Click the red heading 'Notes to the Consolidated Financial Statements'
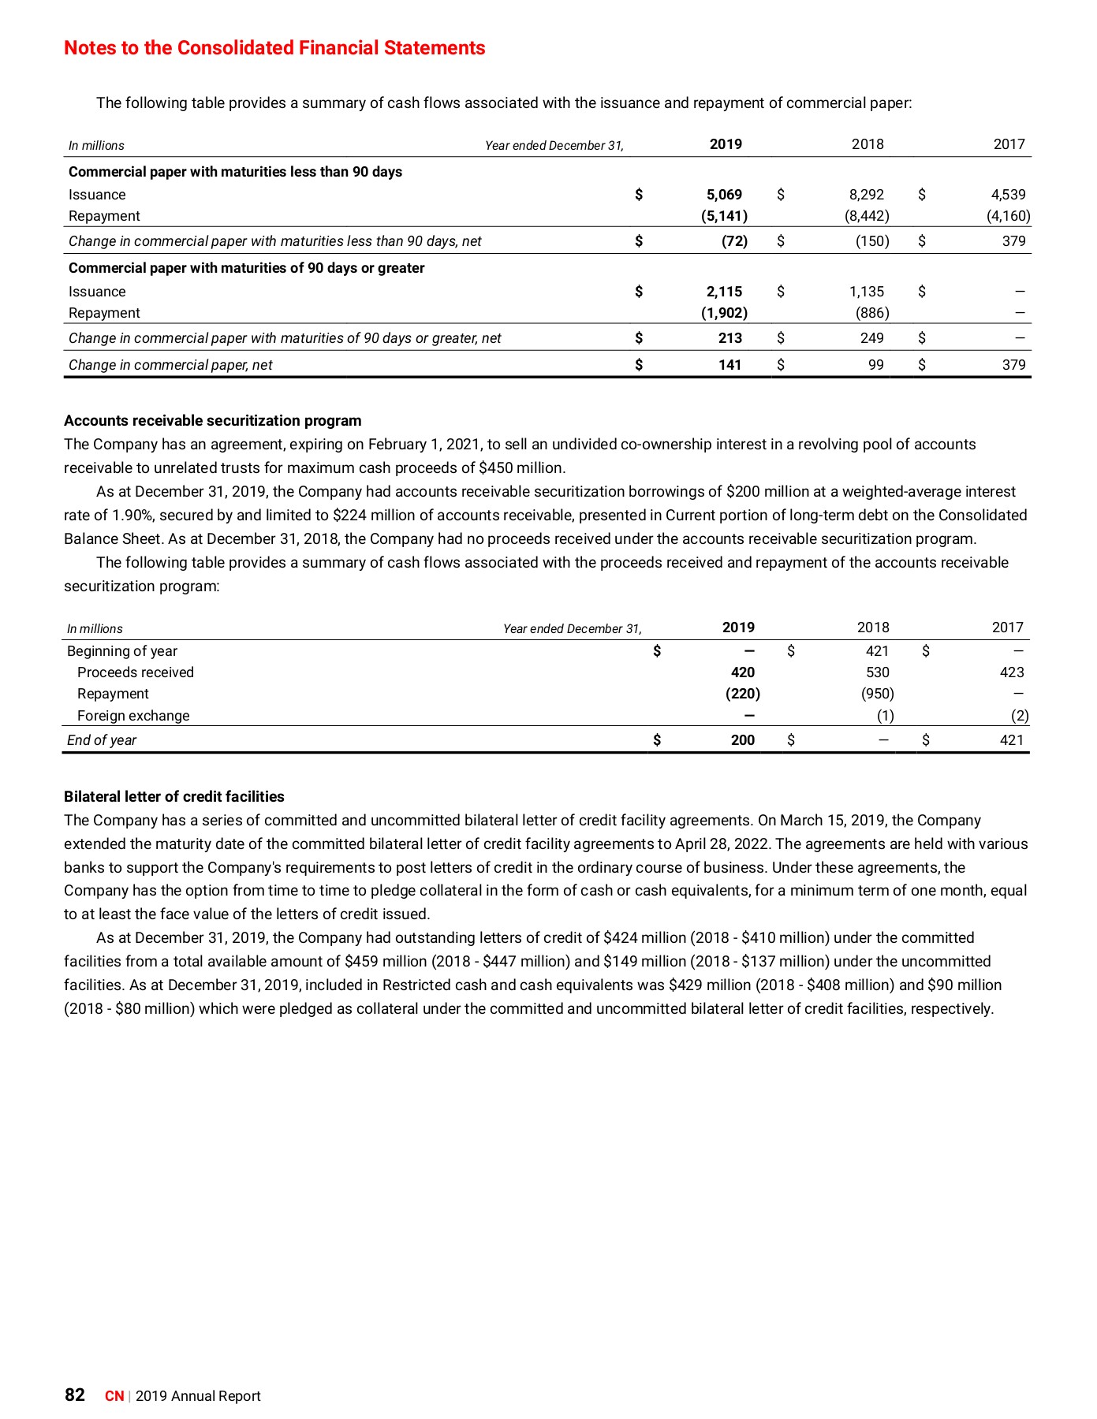[274, 48]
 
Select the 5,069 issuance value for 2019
[724, 195]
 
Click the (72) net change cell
[734, 241]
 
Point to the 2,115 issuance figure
[724, 292]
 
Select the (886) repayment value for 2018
[872, 313]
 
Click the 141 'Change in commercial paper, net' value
[729, 365]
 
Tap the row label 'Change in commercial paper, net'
[170, 365]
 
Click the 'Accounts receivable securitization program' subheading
[213, 421]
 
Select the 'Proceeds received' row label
[135, 672]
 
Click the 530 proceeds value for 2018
[877, 672]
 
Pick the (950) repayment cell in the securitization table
[877, 694]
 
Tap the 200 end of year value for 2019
[742, 740]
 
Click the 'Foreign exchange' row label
[133, 716]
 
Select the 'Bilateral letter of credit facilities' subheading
[174, 797]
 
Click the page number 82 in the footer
[75, 1395]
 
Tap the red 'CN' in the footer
[114, 1396]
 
